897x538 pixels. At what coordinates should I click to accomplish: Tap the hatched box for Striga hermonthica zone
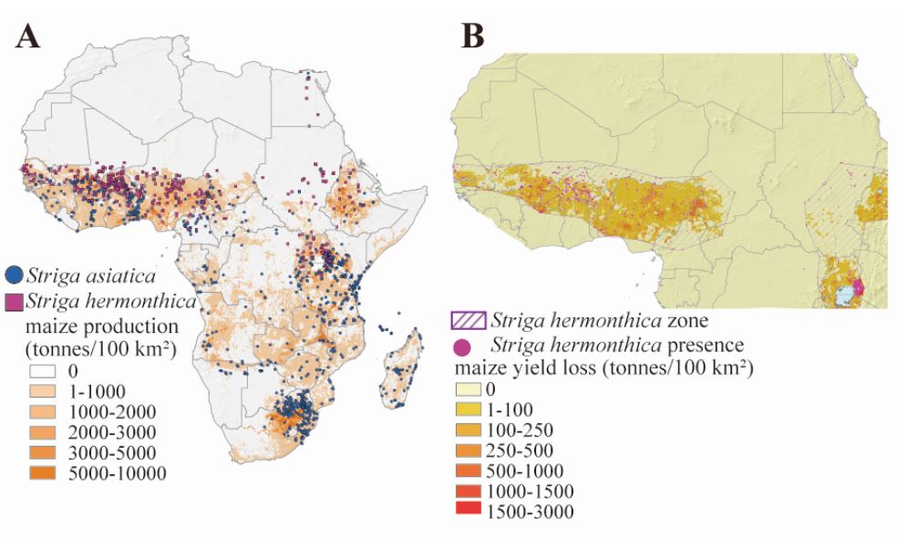click(469, 320)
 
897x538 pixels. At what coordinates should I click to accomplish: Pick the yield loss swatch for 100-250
click(469, 430)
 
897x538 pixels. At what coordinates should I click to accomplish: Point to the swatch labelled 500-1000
click(469, 471)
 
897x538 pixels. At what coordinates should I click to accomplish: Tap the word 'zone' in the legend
click(688, 320)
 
